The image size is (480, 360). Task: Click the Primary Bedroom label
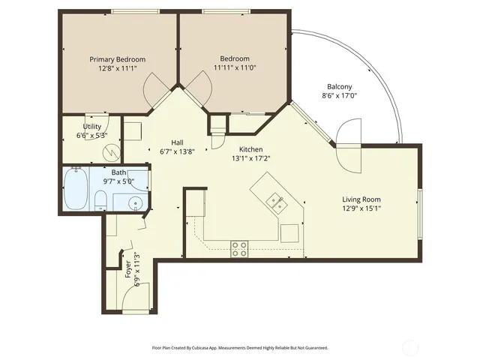(118, 59)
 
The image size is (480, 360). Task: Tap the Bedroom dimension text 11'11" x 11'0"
(233, 68)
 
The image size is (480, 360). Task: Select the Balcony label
(340, 85)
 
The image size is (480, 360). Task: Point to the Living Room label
(361, 199)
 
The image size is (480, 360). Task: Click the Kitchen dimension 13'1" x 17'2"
(250, 158)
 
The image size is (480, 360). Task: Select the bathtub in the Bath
(76, 190)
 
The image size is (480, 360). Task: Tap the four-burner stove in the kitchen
(239, 249)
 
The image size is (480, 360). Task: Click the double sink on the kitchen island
(275, 200)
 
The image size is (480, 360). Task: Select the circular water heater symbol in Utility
(111, 151)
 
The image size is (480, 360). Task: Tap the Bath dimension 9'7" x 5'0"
(118, 181)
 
